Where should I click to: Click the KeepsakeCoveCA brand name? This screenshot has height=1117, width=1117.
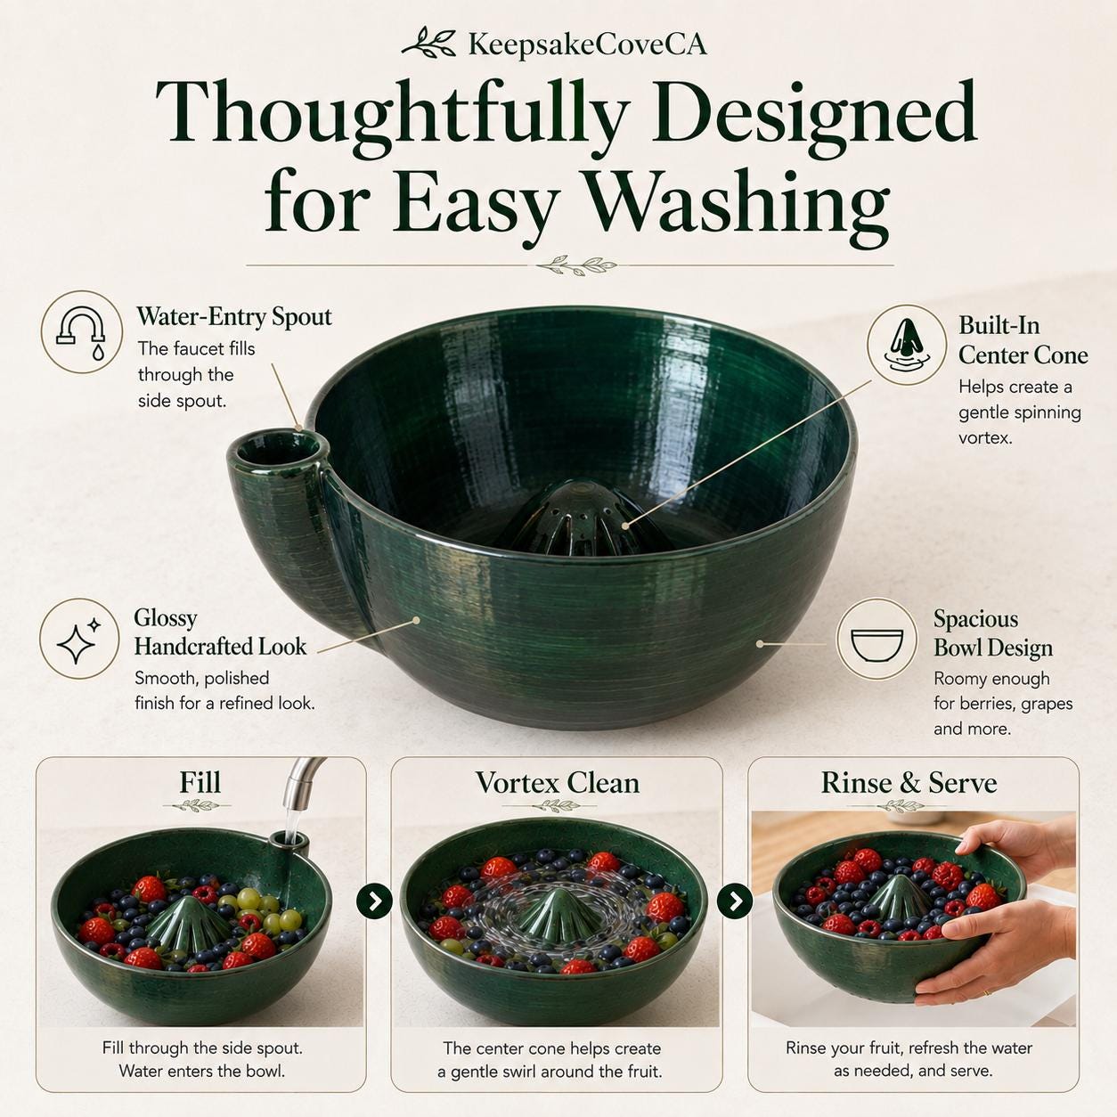[x=587, y=45]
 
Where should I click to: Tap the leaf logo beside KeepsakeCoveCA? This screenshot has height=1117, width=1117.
[x=430, y=43]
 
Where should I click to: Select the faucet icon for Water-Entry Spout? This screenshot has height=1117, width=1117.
[x=81, y=332]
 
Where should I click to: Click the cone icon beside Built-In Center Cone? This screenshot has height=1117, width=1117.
[x=907, y=346]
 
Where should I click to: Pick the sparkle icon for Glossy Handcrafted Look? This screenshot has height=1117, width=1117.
[x=79, y=639]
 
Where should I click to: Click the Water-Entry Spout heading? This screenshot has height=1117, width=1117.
[x=234, y=316]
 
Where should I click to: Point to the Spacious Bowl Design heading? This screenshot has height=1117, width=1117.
[x=993, y=633]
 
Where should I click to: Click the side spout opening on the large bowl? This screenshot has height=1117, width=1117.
[x=278, y=449]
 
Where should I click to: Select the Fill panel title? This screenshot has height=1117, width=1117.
[x=200, y=782]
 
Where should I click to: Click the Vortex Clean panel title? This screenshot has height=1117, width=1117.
[x=558, y=783]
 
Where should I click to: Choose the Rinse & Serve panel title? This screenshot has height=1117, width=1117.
[x=909, y=783]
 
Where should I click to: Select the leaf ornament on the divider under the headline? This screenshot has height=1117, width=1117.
[x=575, y=265]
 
